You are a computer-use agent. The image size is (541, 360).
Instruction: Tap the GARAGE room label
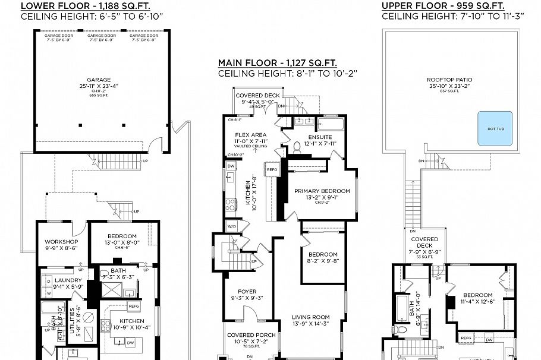coord(99,79)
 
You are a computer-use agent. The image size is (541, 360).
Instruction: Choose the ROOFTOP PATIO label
coord(452,79)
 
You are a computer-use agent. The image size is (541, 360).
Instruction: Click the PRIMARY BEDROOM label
coord(322,191)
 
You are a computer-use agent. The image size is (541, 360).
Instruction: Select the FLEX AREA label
coord(250,135)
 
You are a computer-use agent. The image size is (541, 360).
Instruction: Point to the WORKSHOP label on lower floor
coord(62,242)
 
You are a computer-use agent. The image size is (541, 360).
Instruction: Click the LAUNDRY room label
coord(68,280)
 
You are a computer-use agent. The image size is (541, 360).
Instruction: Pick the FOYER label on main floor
coord(246,291)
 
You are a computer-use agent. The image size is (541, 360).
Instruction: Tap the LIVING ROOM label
coord(309,317)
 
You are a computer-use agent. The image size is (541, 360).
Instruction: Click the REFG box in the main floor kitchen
coord(272,170)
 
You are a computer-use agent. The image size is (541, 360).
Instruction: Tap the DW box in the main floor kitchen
coord(231,166)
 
